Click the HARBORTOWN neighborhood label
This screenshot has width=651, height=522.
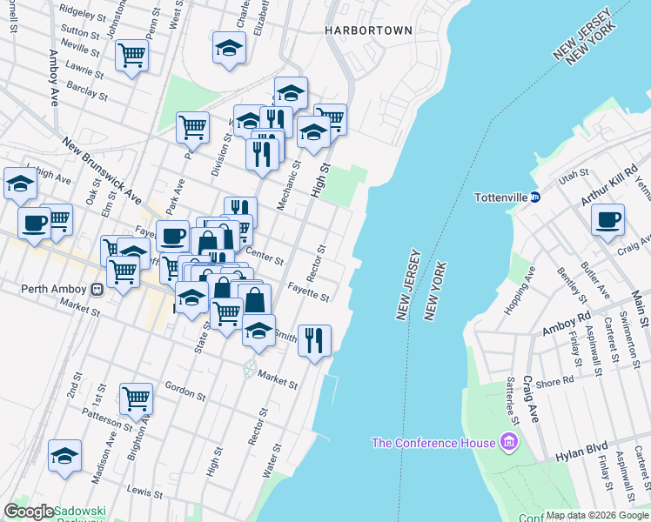(368, 30)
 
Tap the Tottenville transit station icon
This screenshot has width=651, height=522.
(535, 197)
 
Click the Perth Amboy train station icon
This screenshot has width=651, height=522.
(98, 288)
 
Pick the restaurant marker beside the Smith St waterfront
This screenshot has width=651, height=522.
(314, 339)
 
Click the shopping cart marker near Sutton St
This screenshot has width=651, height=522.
(132, 56)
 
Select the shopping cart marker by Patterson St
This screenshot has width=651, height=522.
(137, 399)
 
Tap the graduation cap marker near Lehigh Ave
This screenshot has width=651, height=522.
(19, 184)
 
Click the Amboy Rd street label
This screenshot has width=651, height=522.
(566, 325)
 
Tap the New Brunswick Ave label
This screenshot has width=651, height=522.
(101, 165)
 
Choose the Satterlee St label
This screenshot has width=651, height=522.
(513, 401)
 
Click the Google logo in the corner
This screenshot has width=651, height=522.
(29, 512)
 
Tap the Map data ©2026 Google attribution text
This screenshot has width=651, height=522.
(597, 515)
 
